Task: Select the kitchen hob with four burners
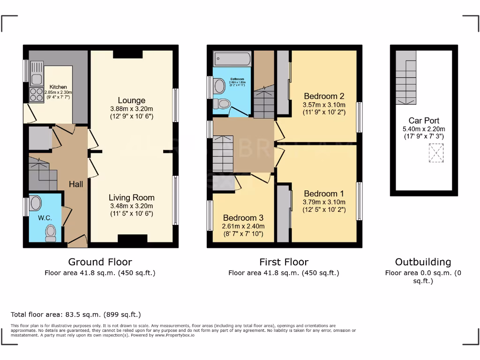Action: click(x=36, y=95)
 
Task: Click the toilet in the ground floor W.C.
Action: click(x=51, y=232)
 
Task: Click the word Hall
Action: click(x=76, y=184)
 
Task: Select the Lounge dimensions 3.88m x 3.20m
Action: click(x=131, y=108)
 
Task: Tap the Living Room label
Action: click(x=131, y=197)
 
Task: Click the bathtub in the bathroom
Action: click(x=232, y=59)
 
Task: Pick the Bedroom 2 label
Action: click(x=324, y=96)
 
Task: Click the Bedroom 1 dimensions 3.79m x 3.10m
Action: click(x=324, y=202)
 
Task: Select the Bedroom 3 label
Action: click(x=243, y=218)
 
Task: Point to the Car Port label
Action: click(x=424, y=120)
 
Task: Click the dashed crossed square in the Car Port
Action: click(x=435, y=153)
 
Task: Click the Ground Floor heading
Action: click(x=100, y=262)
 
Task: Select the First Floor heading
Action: click(x=284, y=262)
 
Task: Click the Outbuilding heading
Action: click(x=423, y=262)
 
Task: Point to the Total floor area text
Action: click(x=75, y=315)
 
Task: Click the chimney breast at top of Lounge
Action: click(x=127, y=54)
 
